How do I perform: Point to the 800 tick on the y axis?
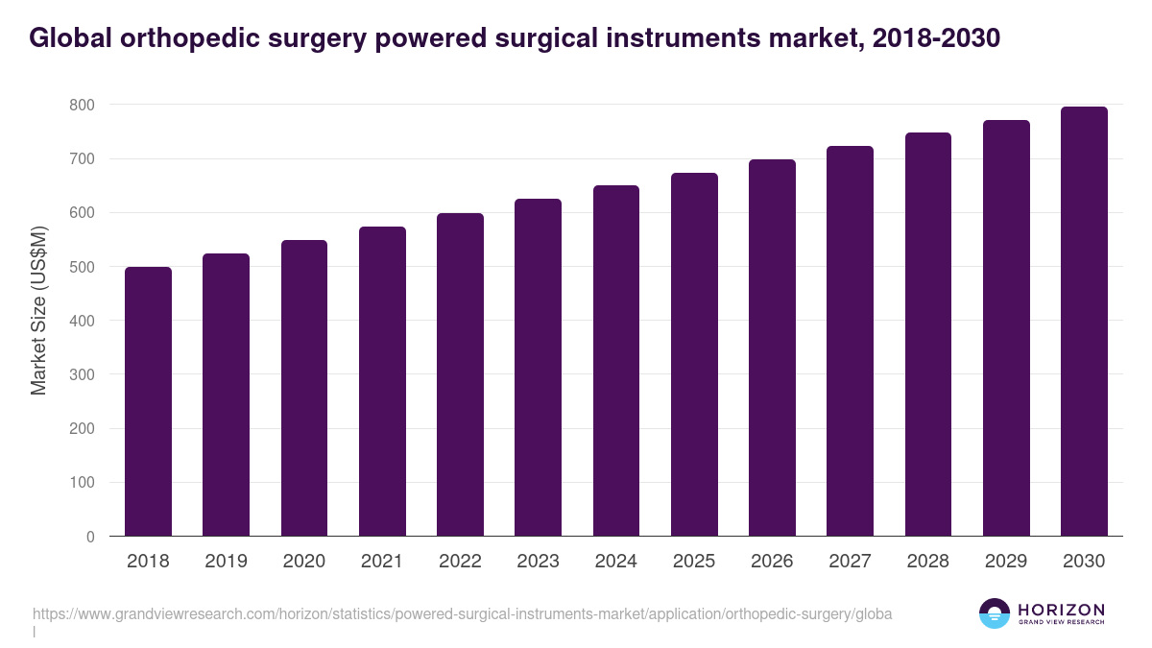(82, 104)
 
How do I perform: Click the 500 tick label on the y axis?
(82, 266)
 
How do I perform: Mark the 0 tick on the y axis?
(90, 537)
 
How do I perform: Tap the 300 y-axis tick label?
(82, 374)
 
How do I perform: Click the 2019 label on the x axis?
(226, 562)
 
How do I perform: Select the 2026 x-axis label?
(772, 562)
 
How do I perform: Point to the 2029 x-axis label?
(1006, 562)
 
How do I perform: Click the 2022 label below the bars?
(460, 562)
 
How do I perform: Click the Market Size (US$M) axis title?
(39, 311)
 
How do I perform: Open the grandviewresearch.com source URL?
(462, 614)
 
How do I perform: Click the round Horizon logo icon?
(994, 614)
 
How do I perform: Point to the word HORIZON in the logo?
(1061, 610)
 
